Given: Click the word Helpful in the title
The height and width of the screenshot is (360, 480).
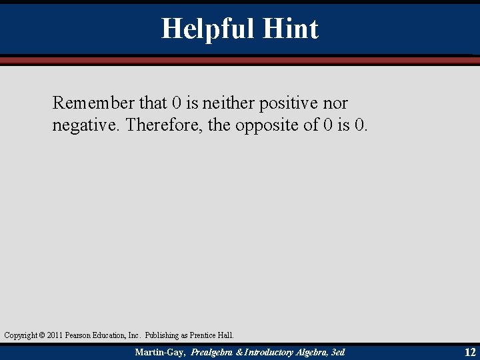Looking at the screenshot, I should (207, 29).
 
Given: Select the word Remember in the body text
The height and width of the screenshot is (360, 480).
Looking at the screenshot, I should (93, 103).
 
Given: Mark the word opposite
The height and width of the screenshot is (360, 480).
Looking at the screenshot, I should (267, 125).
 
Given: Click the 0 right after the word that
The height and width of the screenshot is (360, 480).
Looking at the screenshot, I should (176, 103).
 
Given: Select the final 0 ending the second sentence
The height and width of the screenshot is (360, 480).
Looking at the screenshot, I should (360, 125).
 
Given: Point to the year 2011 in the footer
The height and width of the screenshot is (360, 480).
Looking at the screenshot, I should (55, 335).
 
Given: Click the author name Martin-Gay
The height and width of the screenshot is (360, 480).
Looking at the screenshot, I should (160, 351).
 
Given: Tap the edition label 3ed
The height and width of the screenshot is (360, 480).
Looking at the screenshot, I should (337, 351).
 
